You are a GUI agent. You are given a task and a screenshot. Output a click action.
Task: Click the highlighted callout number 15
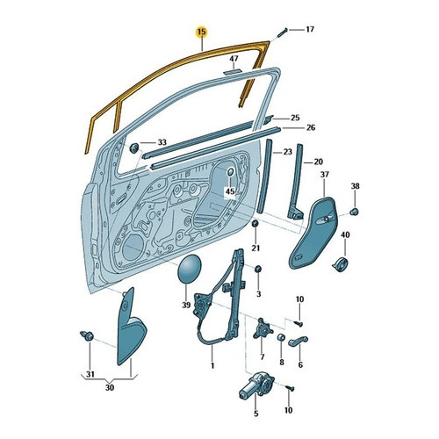pos(202,32)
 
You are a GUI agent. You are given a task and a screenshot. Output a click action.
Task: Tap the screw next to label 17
pos(282,32)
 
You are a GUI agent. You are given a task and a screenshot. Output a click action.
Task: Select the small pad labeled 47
pos(233,71)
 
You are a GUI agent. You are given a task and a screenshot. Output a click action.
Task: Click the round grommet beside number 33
pos(133,148)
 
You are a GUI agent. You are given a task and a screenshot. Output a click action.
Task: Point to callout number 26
pos(311,127)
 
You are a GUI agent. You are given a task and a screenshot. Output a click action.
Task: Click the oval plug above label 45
pos(230,172)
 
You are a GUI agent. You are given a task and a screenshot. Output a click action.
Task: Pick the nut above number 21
pos(255,224)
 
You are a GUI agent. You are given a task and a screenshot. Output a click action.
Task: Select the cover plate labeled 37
pos(313,233)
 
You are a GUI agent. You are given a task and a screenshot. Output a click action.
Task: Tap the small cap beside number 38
pos(355,212)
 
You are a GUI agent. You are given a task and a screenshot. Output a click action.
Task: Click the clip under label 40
pos(340,264)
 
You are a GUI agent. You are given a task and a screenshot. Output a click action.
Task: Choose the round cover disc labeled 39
pos(190,269)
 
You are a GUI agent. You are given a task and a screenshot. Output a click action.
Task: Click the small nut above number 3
pos(258,269)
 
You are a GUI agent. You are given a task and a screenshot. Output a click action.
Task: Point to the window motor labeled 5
pos(256,385)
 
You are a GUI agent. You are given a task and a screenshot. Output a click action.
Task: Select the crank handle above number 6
pos(298,342)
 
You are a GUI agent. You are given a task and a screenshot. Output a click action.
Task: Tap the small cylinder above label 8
pos(281,337)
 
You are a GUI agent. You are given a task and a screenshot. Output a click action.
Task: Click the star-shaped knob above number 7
pos(263,328)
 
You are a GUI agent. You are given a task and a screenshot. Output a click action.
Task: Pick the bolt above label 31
pos(87,335)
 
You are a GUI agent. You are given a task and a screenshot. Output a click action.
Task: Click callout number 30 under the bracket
pos(109,388)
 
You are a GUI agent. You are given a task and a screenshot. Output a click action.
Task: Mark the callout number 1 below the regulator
pos(212,365)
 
